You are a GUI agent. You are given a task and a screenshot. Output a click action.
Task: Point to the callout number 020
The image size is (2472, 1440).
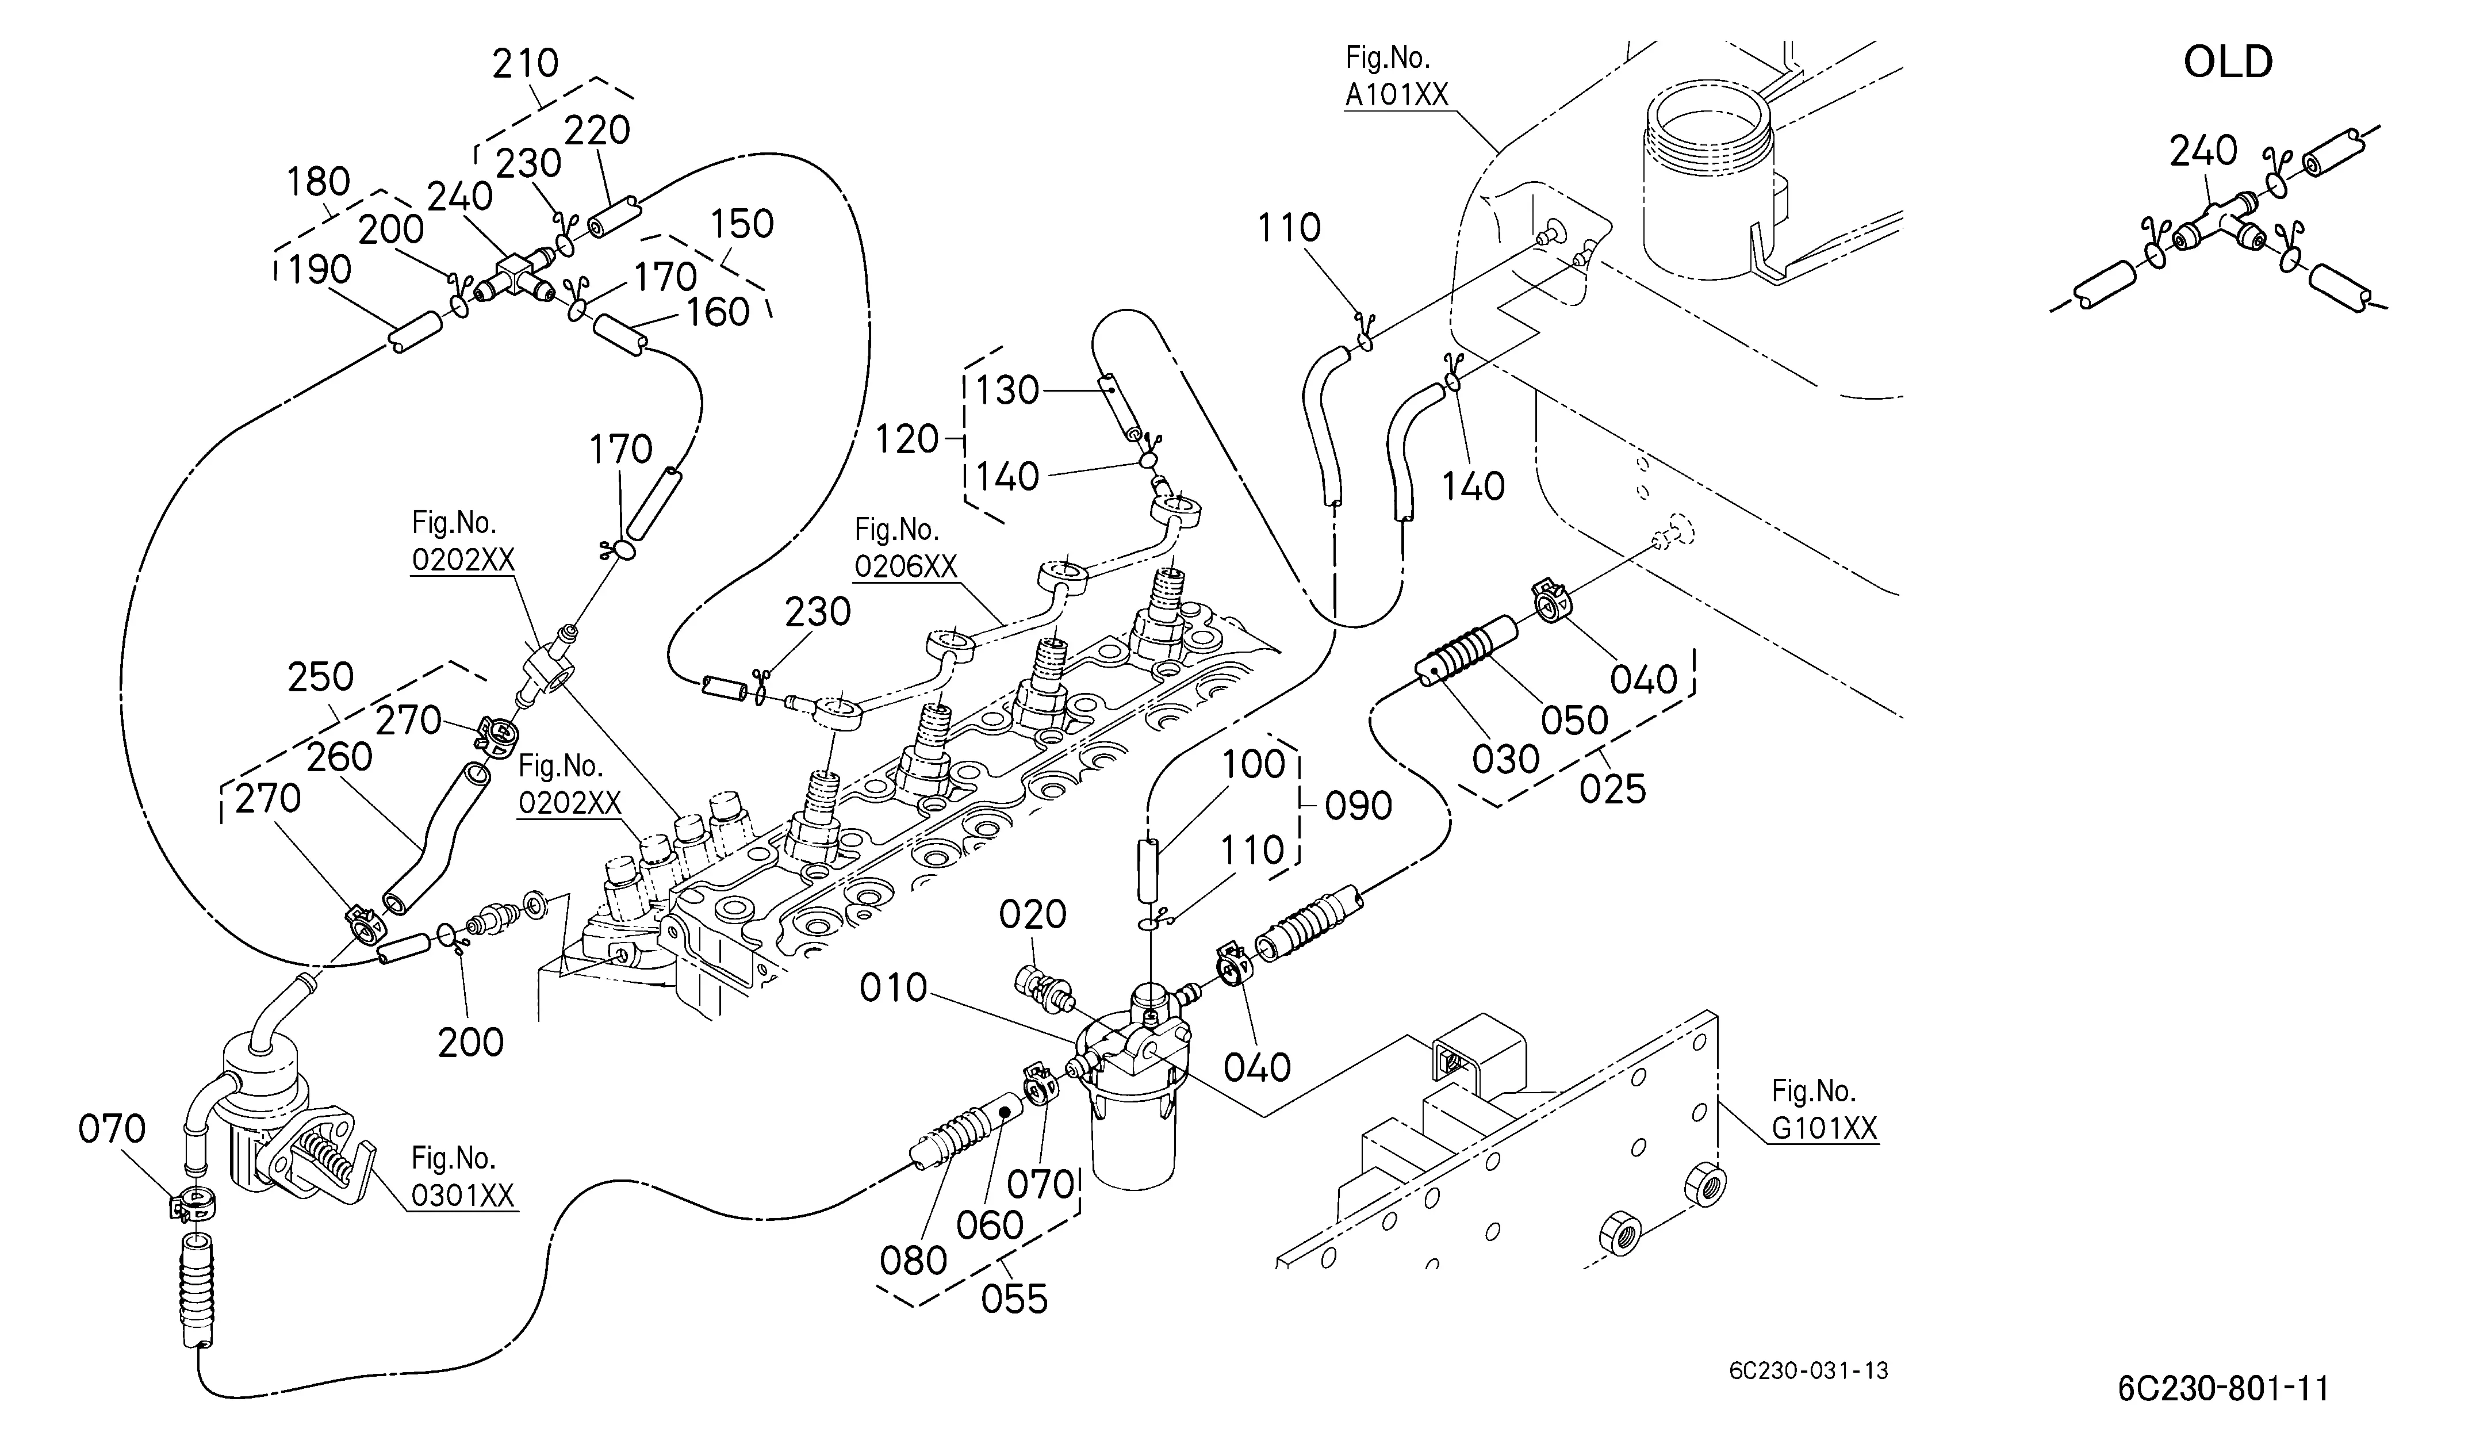[1033, 915]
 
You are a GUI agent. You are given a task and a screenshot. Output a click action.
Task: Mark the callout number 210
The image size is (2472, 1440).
[525, 64]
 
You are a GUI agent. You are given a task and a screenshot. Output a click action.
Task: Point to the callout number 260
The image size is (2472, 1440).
[339, 757]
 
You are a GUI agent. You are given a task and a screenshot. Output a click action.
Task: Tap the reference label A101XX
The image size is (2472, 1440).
[1396, 94]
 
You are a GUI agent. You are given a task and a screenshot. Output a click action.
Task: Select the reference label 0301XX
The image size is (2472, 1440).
[463, 1196]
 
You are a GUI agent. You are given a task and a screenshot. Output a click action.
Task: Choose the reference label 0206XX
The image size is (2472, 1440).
[906, 567]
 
